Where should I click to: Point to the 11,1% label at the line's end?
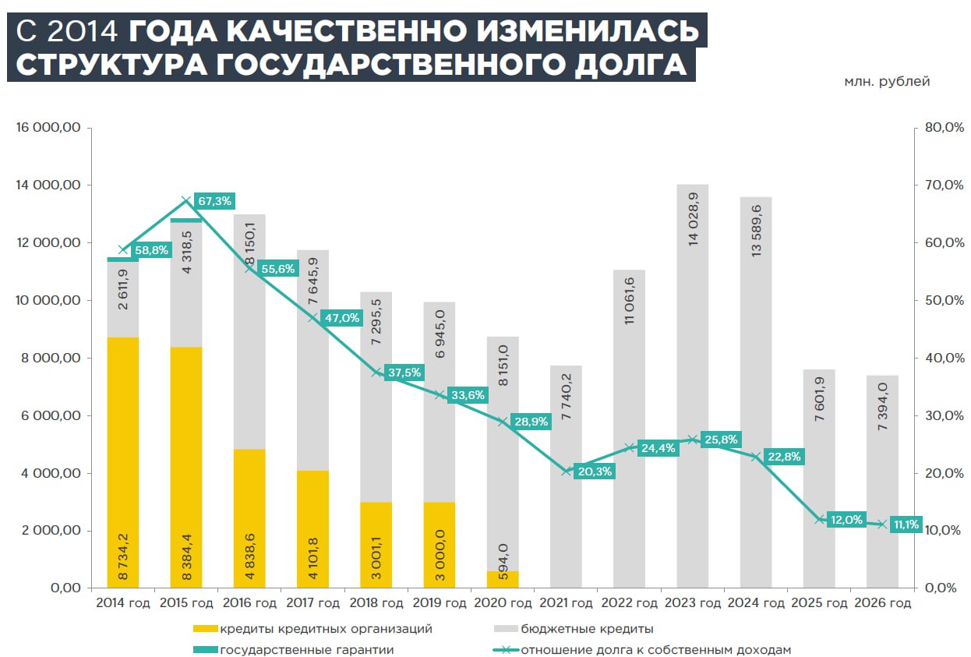coord(906,525)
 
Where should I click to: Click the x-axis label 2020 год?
coord(503,603)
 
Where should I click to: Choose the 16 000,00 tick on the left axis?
coord(48,128)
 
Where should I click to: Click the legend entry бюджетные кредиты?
coord(587,629)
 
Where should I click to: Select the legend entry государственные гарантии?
coord(306,649)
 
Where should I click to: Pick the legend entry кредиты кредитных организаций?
coord(325,629)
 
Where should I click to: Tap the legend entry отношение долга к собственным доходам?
coord(655,649)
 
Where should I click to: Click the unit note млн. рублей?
coord(887,82)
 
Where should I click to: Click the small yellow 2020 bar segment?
coord(503,579)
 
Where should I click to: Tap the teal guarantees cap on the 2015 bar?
coord(186,221)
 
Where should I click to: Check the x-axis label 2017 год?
coord(312,603)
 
